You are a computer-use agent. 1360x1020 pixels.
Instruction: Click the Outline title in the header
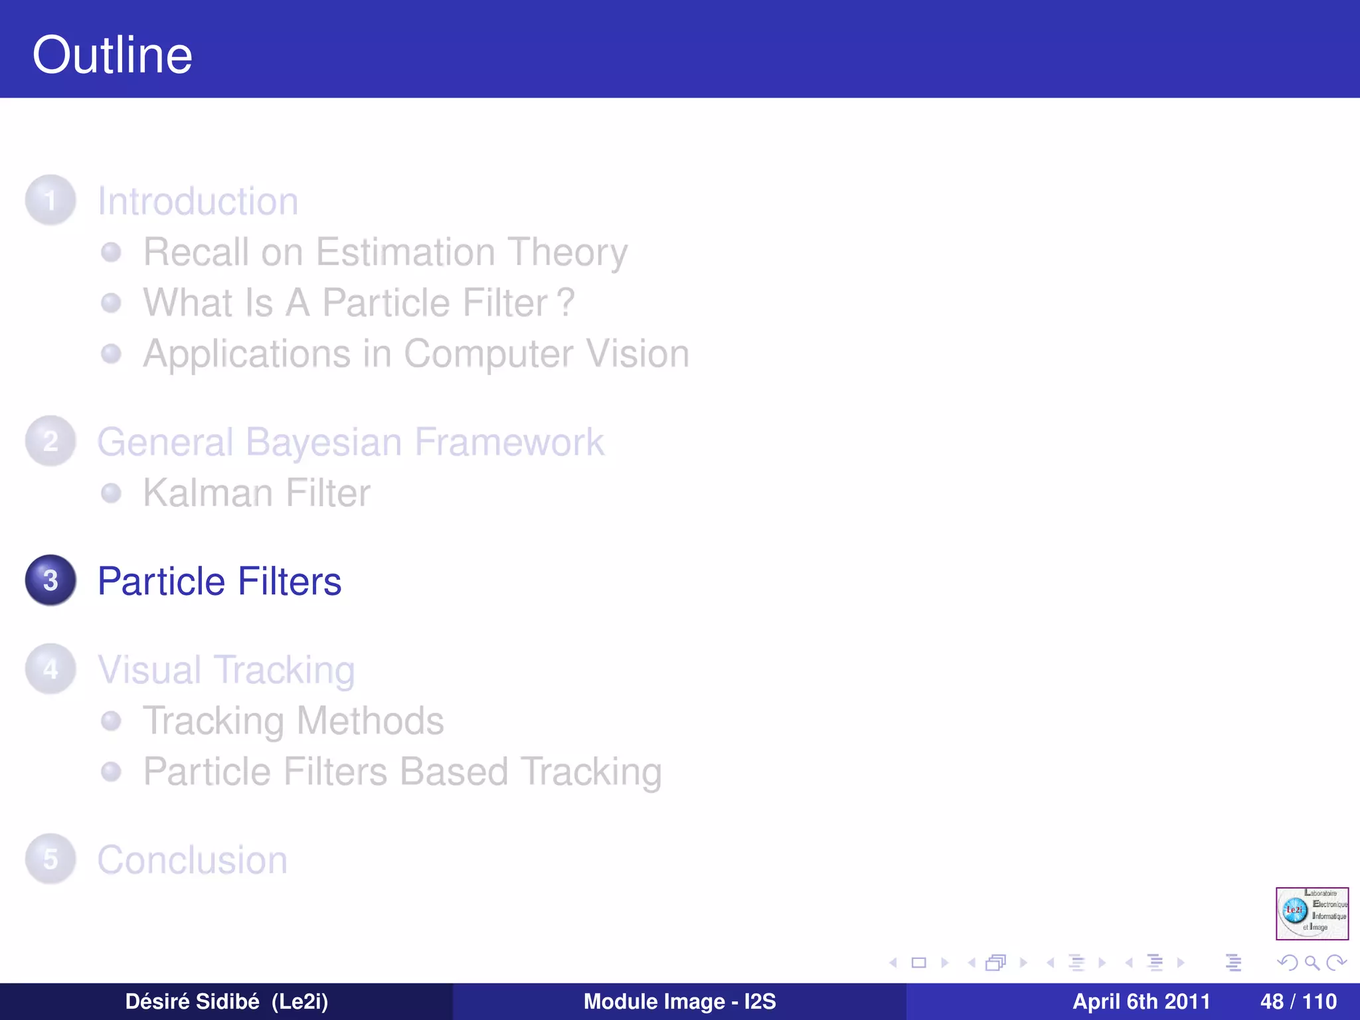[x=112, y=55]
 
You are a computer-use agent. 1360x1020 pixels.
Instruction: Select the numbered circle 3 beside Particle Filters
[x=50, y=580]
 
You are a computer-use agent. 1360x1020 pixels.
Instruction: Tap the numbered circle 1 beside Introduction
[x=50, y=200]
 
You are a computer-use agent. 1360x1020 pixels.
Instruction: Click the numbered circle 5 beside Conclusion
[x=50, y=859]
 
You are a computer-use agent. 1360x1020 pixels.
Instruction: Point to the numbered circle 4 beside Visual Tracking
[x=50, y=669]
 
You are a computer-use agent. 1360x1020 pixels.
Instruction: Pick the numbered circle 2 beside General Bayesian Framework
[x=50, y=441]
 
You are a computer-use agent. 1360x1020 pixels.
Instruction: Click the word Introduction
[x=198, y=201]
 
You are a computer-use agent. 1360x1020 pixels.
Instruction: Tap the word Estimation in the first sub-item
[x=405, y=252]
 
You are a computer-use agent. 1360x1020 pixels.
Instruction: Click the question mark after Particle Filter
[x=566, y=303]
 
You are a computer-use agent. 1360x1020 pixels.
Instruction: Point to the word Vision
[x=638, y=353]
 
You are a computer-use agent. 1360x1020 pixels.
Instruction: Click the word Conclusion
[x=193, y=860]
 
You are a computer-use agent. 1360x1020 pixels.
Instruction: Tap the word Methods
[x=370, y=721]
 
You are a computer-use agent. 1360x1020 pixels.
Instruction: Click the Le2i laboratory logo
[x=1312, y=913]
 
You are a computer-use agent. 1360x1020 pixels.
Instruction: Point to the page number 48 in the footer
[x=1272, y=1001]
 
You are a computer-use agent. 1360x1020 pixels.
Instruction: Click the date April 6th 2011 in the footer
[x=1141, y=1001]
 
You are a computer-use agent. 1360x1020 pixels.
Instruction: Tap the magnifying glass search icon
[x=1312, y=962]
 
